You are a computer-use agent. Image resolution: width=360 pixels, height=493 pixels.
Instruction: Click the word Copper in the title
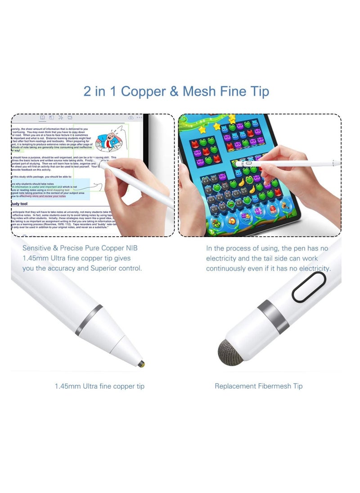[143, 91]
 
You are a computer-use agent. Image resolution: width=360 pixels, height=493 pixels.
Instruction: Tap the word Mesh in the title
[199, 91]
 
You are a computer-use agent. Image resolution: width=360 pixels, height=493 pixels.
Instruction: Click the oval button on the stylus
[309, 287]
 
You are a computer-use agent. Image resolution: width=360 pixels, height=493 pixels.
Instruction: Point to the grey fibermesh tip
[230, 352]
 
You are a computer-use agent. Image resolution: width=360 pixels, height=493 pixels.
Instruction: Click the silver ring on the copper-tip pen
[89, 320]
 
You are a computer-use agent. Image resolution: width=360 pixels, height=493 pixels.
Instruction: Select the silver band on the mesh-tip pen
[273, 316]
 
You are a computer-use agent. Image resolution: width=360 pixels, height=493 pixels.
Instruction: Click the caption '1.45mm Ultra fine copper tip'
[99, 386]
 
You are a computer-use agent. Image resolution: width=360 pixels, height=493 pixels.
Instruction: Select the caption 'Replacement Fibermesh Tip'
[258, 386]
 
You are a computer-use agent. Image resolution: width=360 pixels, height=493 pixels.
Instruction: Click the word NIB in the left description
[132, 248]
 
